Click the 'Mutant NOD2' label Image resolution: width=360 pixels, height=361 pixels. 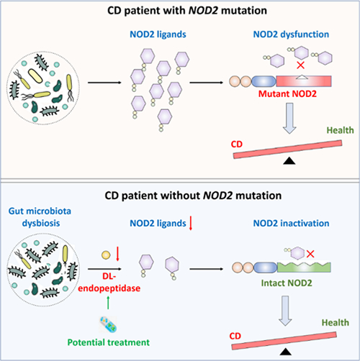(287, 93)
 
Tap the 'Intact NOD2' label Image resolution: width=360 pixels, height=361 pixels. (287, 283)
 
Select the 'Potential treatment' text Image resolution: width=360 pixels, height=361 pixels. (109, 342)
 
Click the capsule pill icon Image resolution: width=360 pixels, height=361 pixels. (108, 324)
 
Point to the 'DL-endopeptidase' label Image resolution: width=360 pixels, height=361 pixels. (109, 282)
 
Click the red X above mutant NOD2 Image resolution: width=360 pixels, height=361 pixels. (300, 65)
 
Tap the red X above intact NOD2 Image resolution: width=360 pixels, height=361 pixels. (310, 254)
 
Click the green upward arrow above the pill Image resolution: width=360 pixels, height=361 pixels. (108, 303)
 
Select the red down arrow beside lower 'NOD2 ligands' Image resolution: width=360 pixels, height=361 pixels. (191, 223)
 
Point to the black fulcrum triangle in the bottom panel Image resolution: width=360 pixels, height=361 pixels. (286, 352)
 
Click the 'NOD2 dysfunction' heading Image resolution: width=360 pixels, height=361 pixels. (291, 35)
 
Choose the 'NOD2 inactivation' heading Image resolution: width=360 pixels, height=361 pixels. (291, 223)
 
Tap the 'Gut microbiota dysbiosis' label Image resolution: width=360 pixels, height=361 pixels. (40, 217)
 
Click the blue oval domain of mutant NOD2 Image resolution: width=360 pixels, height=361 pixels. (264, 81)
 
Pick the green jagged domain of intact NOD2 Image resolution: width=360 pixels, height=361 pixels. (304, 268)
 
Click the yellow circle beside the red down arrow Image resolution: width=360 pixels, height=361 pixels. (106, 255)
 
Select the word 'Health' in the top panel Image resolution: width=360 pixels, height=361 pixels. (340, 130)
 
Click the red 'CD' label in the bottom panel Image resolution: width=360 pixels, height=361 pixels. (235, 336)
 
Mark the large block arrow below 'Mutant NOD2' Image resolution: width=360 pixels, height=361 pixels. (289, 118)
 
